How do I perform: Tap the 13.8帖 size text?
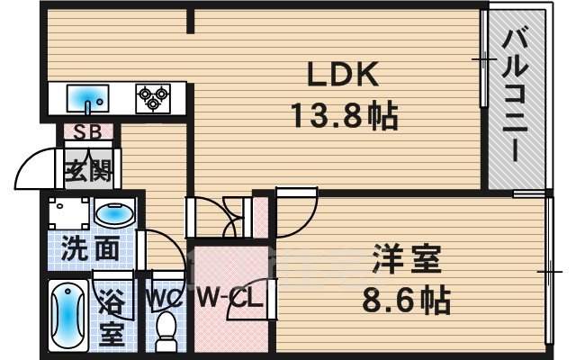pyautogui.click(x=343, y=115)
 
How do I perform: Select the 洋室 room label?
pyautogui.click(x=407, y=261)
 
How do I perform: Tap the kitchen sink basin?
pyautogui.click(x=86, y=96)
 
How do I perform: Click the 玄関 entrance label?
pyautogui.click(x=86, y=170)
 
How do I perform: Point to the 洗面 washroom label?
pyautogui.click(x=90, y=249)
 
